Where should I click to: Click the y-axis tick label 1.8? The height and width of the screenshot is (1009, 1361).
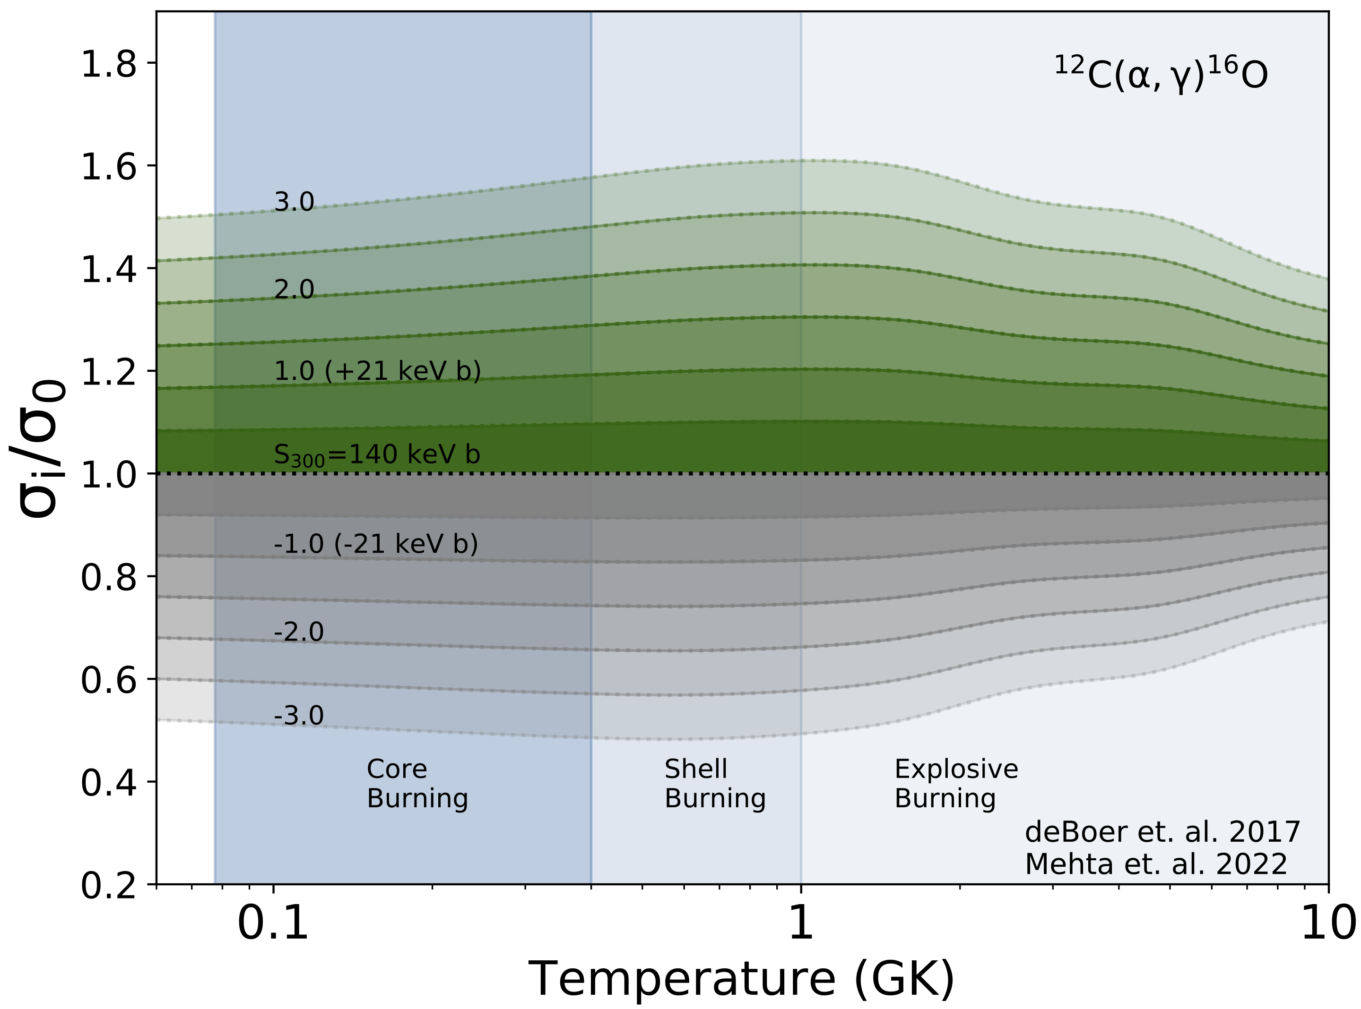[x=109, y=63]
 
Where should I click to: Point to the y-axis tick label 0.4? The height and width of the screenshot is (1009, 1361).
[x=109, y=782]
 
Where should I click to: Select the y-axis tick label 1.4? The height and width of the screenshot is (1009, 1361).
[x=109, y=269]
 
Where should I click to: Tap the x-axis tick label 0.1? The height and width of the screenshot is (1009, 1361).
[x=273, y=923]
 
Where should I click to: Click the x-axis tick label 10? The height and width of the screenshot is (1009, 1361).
[x=1328, y=923]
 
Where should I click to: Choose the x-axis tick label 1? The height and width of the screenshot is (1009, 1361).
[x=801, y=923]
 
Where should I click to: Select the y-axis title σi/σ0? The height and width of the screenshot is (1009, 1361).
[x=38, y=449]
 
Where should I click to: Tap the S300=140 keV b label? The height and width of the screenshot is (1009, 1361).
[x=376, y=455]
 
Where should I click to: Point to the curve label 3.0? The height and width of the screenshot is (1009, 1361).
[x=294, y=202]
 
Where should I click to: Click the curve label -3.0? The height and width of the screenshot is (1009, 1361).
[x=298, y=716]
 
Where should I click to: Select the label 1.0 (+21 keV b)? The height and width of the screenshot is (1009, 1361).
[x=377, y=371]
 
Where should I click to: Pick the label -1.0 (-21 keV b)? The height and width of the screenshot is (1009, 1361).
[x=376, y=544]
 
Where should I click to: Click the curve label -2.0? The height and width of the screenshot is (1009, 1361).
[x=298, y=632]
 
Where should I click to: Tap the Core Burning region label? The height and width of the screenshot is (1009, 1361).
[x=417, y=784]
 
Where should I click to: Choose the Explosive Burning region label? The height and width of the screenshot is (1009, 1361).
[x=956, y=784]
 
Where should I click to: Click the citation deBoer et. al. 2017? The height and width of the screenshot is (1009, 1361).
[x=1162, y=832]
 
